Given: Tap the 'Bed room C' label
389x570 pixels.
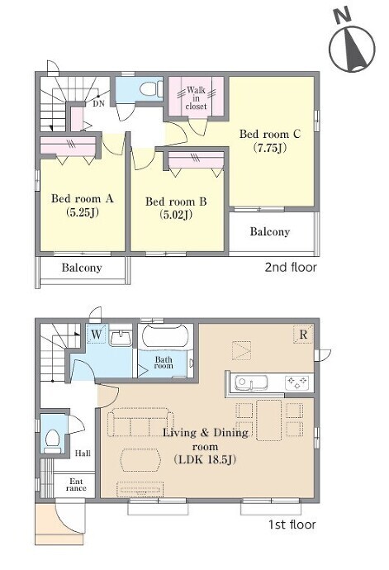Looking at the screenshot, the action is click(270, 134).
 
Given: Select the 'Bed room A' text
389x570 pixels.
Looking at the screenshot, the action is click(82, 198).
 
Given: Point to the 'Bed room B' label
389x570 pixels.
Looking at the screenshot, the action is click(176, 202).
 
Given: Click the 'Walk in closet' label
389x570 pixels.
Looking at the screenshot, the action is click(196, 97).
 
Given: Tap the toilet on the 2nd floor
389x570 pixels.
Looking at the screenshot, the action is click(151, 88).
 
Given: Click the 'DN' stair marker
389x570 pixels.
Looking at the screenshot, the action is click(98, 103).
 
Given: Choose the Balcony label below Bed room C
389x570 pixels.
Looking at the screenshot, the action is click(270, 231).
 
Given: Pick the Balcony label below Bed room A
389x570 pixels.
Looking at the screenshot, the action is click(82, 268).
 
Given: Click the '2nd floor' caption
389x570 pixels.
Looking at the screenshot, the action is click(291, 268).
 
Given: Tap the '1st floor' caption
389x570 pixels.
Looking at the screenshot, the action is click(292, 525).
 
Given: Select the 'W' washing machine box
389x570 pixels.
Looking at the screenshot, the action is click(97, 334).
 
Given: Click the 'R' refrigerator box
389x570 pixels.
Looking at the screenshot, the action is click(303, 334).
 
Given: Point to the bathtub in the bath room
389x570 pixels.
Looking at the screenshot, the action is click(165, 337).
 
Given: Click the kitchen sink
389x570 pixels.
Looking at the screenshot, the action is click(251, 382).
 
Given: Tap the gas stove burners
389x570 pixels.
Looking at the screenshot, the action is click(297, 382).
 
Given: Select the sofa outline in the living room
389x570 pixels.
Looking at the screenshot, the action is click(140, 422).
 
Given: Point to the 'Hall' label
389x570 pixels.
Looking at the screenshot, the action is click(83, 454).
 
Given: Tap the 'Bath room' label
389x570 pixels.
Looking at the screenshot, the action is click(164, 363).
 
